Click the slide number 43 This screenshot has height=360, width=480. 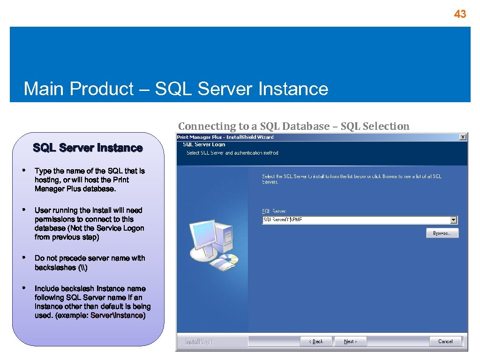click(x=460, y=15)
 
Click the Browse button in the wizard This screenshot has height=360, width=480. click(x=442, y=233)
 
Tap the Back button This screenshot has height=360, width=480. click(x=316, y=341)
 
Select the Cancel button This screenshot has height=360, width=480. click(x=445, y=341)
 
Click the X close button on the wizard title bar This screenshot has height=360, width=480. click(x=463, y=137)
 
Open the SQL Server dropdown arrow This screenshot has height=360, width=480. click(x=453, y=220)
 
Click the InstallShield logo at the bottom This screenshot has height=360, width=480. click(x=199, y=342)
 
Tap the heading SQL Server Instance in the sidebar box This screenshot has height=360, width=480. click(x=88, y=148)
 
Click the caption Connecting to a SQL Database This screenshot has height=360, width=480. click(x=253, y=126)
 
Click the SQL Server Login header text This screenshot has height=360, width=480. click(x=204, y=145)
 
